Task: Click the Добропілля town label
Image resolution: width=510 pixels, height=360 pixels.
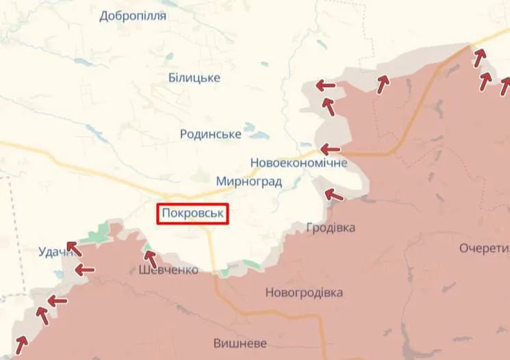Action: [x=133, y=16]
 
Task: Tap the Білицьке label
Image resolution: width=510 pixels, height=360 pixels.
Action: [x=194, y=77]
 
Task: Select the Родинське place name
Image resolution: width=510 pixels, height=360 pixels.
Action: [x=210, y=134]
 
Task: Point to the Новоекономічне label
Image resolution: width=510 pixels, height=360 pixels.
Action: [x=299, y=164]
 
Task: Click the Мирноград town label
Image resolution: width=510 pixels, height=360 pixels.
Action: [x=248, y=181]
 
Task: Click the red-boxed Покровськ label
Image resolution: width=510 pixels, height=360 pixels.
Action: [x=193, y=214]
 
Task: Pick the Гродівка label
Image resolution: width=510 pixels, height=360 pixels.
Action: [x=331, y=227]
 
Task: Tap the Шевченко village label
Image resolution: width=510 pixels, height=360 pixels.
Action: [x=168, y=270]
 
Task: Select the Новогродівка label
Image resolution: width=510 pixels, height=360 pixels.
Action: [x=304, y=293]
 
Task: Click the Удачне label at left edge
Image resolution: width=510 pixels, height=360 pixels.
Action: [x=55, y=253]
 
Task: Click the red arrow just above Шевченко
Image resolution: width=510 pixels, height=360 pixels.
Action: [x=150, y=259]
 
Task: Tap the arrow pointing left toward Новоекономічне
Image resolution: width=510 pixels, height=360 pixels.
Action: [x=330, y=149]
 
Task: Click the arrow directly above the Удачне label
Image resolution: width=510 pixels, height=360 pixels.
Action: [x=73, y=248]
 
